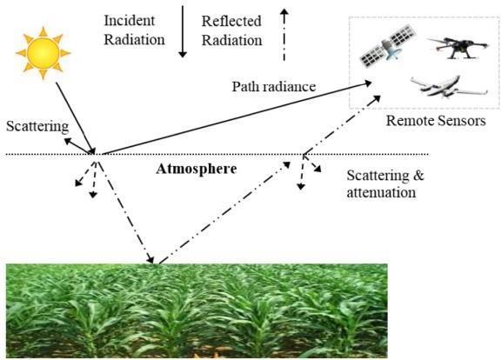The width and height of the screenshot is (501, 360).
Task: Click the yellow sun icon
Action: point(43,53)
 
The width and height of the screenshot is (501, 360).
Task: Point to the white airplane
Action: point(449,87)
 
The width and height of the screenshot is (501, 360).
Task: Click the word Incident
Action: point(130,21)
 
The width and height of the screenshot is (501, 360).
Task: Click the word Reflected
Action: point(231,22)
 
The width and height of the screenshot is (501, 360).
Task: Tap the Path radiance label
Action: point(274,87)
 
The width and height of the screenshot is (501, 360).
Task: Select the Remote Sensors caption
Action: point(436,121)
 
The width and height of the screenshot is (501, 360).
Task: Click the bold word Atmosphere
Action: point(197,169)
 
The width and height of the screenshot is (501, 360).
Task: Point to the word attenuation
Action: point(381,193)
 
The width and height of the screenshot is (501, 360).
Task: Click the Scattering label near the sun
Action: point(37,126)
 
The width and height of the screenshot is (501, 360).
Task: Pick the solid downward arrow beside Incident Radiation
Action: point(183,31)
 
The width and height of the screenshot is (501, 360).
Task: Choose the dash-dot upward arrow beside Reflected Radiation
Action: point(284,34)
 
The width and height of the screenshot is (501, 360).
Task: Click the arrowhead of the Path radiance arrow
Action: point(368,83)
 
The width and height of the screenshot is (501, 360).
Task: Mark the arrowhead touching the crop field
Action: point(150,259)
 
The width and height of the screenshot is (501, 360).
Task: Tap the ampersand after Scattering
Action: point(417,176)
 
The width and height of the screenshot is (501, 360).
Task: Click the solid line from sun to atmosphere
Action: point(76,118)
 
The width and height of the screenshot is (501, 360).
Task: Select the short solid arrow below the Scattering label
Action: point(78,146)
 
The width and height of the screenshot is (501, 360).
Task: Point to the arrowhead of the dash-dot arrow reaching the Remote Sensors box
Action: point(377,98)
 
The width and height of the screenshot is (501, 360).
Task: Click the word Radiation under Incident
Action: point(135,40)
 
